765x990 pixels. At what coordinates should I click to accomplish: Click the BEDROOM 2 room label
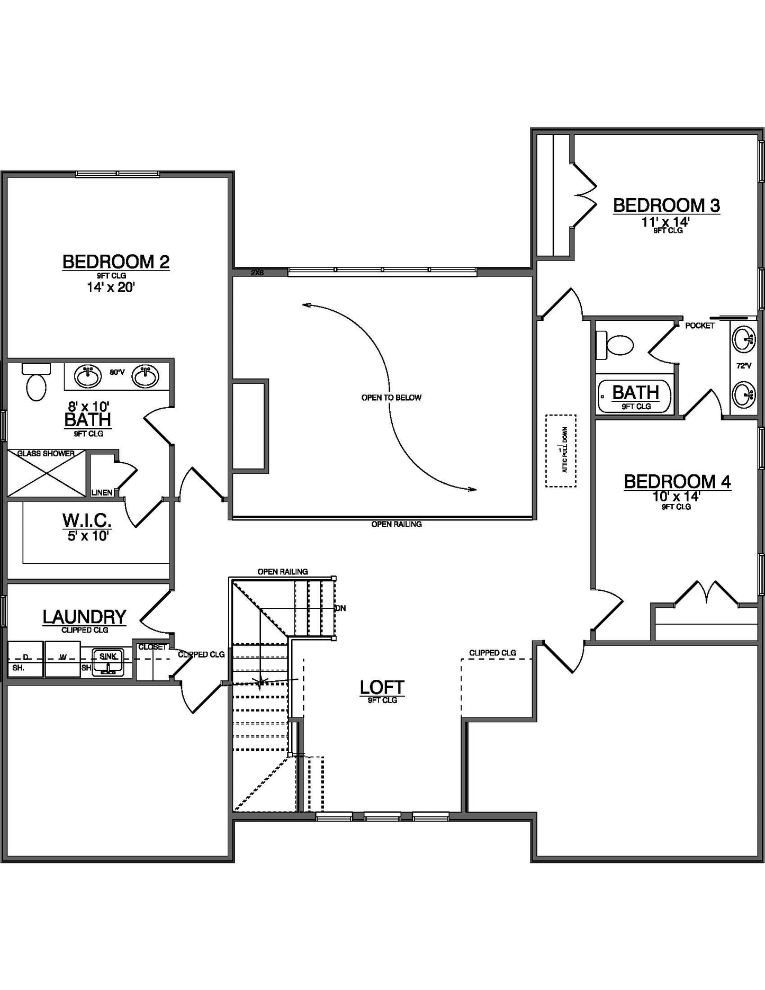116,262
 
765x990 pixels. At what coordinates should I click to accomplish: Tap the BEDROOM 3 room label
666,205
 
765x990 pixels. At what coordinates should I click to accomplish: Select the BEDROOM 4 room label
677,482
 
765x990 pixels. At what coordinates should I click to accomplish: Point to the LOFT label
382,687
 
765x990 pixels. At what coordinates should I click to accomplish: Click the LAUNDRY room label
84,617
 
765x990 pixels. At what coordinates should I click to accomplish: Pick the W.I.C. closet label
87,520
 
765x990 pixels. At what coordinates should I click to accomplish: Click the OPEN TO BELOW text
391,398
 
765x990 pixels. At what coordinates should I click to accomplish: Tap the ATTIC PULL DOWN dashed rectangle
561,451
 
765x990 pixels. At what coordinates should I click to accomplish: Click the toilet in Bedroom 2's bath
36,386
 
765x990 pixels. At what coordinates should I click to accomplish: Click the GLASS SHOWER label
46,454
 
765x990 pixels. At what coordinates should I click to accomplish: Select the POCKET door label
699,326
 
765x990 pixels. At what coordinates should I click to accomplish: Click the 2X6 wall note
257,273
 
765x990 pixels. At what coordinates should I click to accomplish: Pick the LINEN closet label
102,492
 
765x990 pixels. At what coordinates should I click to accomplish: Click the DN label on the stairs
340,608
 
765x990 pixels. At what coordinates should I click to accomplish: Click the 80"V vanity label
117,372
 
